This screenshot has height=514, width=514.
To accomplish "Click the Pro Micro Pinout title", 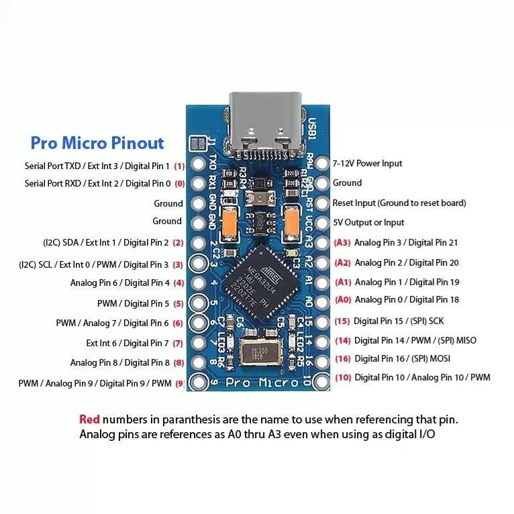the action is click(97, 143).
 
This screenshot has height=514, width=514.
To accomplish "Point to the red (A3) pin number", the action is click(342, 242).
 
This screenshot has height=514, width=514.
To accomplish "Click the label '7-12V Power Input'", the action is click(368, 163).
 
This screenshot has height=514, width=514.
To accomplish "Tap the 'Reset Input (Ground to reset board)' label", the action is click(399, 203).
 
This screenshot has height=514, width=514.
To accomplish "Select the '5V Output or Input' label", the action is click(368, 222).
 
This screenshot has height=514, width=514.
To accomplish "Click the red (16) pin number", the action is click(342, 359).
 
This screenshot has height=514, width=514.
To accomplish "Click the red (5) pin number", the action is click(178, 303).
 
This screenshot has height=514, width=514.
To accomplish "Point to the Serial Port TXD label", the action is click(97, 165).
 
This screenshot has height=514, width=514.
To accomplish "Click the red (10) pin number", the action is click(342, 378).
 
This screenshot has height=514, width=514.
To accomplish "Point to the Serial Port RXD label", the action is click(98, 183).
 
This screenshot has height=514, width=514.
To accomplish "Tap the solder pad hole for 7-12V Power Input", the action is click(323, 164).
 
